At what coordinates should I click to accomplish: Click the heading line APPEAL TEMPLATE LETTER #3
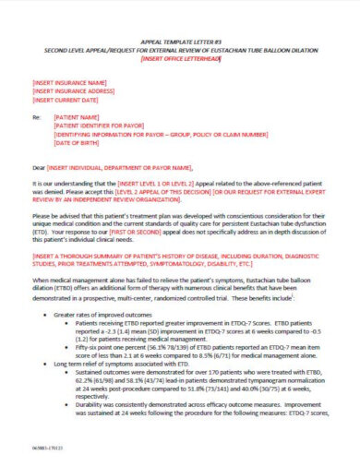180,42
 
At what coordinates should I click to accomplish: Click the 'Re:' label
37,118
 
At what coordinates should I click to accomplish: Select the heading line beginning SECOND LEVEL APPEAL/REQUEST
180,50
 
